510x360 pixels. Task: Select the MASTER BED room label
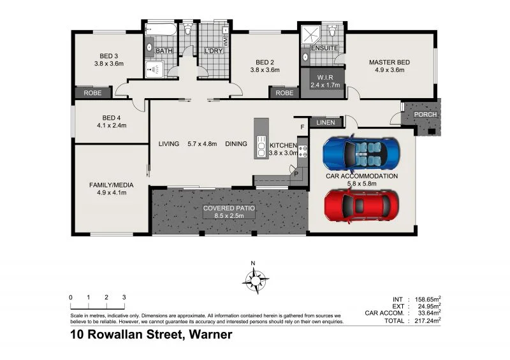click(389, 62)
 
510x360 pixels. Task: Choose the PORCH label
click(425, 115)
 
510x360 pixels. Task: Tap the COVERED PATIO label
click(229, 208)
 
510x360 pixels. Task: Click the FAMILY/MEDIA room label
click(112, 185)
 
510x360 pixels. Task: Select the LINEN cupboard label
click(325, 122)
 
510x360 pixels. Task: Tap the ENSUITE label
click(324, 48)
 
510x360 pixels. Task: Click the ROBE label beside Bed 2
click(285, 93)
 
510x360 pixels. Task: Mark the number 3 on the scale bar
click(124, 297)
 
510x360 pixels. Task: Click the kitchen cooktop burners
click(302, 152)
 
